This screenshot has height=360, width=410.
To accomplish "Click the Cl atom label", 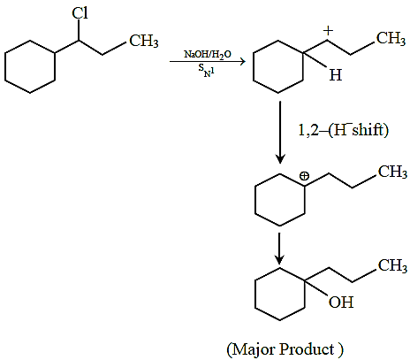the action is (80, 13).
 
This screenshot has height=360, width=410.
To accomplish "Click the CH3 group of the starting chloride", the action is (144, 41).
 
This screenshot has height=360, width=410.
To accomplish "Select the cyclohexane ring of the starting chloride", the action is (30, 66).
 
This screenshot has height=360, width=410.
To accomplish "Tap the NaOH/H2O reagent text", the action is (208, 54).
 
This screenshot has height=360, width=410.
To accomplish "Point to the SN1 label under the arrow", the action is (206, 71).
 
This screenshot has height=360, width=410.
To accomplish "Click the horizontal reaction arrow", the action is (208, 62).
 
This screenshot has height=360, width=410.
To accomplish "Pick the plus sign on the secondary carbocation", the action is (328, 30).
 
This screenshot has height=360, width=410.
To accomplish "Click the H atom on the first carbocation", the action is (336, 75).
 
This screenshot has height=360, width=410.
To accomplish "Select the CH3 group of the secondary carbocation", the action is (391, 38).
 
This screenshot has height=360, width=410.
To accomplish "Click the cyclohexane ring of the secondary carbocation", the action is (278, 66).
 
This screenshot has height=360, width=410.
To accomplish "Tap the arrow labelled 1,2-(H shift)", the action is (280, 133).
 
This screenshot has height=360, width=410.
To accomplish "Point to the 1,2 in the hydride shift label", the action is (307, 130).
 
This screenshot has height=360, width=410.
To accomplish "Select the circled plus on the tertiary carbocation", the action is (304, 176).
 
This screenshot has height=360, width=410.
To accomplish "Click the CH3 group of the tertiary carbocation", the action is (392, 172).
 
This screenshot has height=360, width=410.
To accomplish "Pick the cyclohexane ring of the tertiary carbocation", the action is (280, 200).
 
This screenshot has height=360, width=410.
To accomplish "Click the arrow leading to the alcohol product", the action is (279, 249).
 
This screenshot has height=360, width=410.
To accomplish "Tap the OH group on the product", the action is (341, 303).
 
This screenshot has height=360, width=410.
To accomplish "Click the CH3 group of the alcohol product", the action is (392, 265).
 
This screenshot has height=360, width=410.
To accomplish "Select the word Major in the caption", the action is (254, 349).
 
